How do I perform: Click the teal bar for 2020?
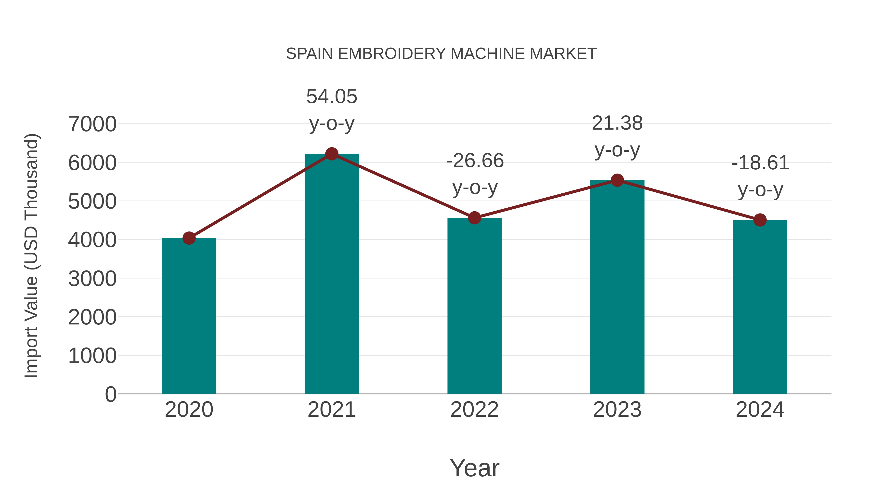coord(189,316)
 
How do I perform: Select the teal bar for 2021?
coord(331,274)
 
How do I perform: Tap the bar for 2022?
coord(474,305)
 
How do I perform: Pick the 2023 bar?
coord(617,288)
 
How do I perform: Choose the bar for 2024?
coord(760,307)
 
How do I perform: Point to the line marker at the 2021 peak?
coord(331,154)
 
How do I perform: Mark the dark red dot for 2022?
coord(474,218)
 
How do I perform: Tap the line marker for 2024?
coord(760,220)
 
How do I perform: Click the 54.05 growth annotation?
coord(331,96)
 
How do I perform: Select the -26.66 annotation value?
coord(475,161)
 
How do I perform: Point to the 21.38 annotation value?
coord(617,123)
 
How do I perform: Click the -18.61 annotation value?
coord(760,163)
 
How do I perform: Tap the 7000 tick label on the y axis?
coord(92,124)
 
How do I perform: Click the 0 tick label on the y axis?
coord(110,394)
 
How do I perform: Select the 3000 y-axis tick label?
coord(92,279)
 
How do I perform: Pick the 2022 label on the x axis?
coord(474,410)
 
